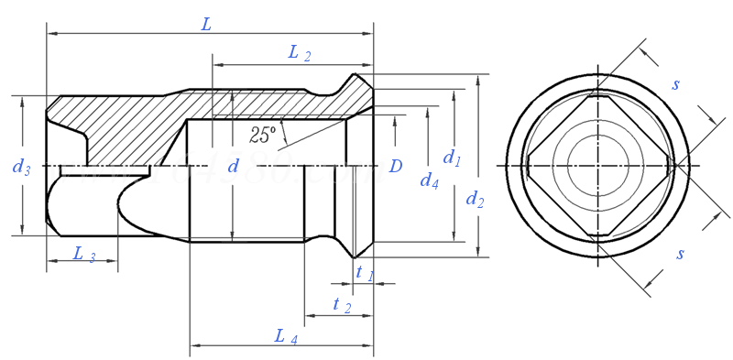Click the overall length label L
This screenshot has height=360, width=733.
tap(206, 25)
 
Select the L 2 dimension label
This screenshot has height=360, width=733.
tap(300, 53)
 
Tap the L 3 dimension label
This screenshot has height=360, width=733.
tap(84, 255)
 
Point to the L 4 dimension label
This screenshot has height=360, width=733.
tap(286, 337)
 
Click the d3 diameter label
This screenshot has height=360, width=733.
tap(21, 167)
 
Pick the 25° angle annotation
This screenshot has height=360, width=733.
tap(262, 135)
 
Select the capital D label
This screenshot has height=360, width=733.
tap(396, 166)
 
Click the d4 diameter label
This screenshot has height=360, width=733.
tap(429, 180)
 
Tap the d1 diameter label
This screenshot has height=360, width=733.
tap(452, 158)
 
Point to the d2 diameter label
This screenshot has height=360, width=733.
tap(475, 200)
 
